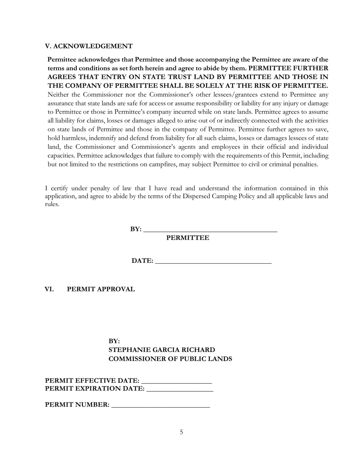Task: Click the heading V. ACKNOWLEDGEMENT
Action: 89,46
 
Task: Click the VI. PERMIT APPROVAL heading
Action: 89,289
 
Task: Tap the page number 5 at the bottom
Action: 181,432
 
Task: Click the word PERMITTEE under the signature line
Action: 188,238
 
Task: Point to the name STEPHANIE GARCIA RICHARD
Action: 162,350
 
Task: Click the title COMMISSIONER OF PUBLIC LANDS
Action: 170,359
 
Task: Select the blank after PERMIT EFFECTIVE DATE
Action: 176,380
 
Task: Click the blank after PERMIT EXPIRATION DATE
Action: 180,388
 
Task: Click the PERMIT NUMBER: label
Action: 77,405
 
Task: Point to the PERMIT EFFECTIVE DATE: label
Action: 92,380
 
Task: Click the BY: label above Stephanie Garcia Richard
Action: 114,341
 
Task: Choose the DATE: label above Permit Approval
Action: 142,261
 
